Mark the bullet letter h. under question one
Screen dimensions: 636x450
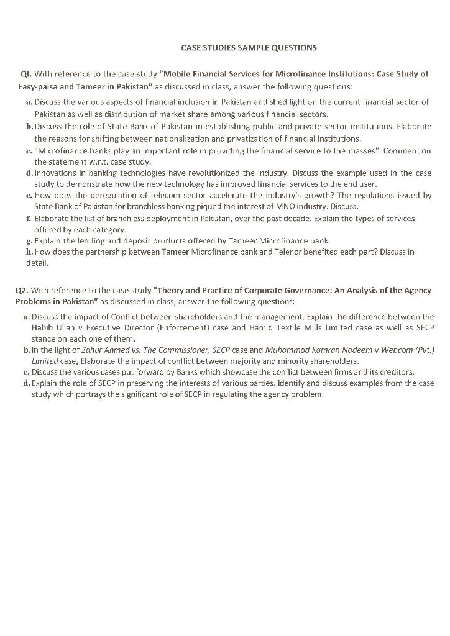29,252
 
